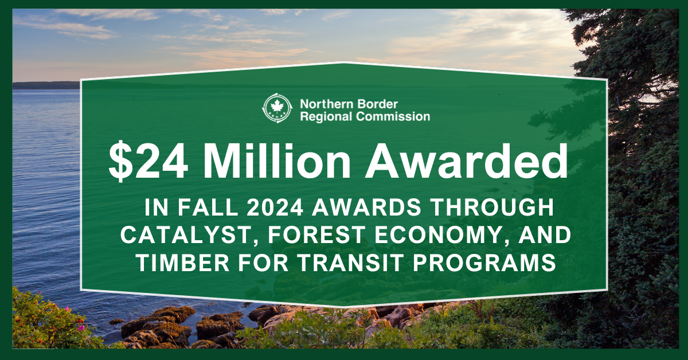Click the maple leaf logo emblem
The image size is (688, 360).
pos(277,108)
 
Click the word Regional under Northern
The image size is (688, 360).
pos(326,117)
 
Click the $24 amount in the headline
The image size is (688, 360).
pos(148,161)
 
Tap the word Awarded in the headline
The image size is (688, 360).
pos(467,161)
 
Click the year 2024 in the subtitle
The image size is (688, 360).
pos(275,208)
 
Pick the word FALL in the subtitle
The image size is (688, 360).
pos(208,208)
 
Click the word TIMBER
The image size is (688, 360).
pos(183,263)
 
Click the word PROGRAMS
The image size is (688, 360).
pos(484,263)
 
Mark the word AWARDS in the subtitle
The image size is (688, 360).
pos(367,208)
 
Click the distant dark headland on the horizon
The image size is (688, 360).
pos(46,85)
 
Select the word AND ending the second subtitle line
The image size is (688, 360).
pos(545,235)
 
